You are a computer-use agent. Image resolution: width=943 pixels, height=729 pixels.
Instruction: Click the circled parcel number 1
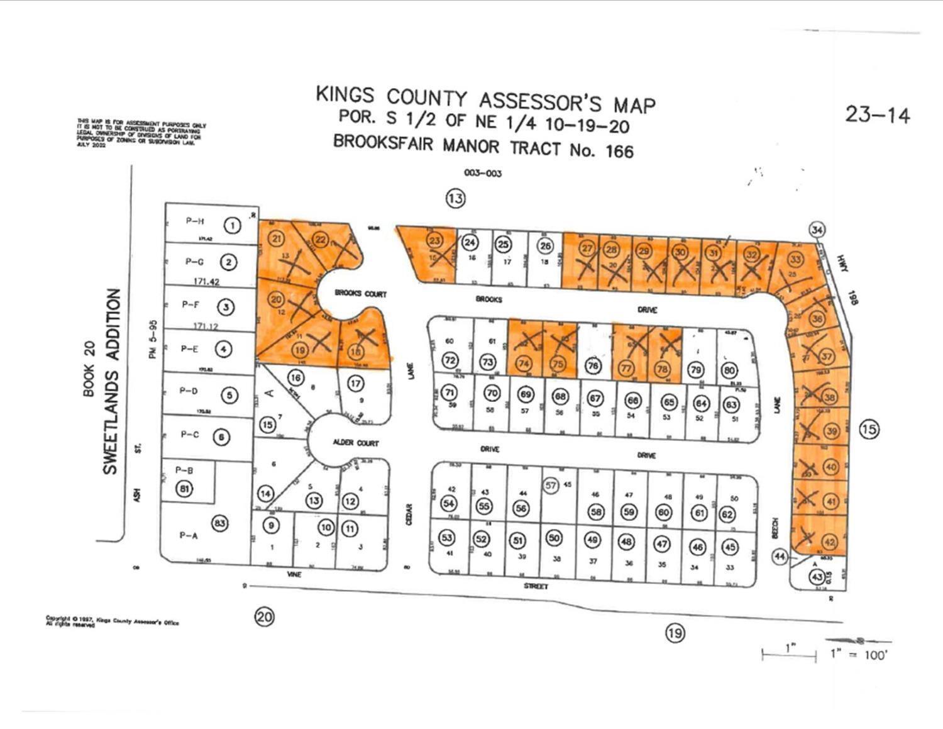pos(233,225)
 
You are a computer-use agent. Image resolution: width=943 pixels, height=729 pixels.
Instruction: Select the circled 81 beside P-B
pos(184,489)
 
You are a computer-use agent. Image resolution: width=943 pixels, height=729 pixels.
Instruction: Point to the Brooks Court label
pos(360,294)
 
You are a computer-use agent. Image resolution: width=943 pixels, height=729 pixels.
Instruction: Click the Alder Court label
pos(356,443)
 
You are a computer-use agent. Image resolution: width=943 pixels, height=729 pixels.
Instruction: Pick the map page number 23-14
pos(877,115)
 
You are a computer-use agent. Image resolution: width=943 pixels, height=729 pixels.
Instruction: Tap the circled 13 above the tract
pos(456,199)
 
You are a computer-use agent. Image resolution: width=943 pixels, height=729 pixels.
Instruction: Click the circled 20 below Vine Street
pos(265,616)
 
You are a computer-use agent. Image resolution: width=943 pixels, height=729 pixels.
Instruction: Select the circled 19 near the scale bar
pos(675,633)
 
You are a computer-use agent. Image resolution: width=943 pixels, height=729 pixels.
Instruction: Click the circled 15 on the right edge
pos(869,430)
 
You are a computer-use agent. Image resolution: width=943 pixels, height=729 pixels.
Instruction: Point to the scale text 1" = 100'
pos(858,654)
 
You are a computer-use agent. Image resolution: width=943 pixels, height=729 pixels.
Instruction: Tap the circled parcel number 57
pos(551,485)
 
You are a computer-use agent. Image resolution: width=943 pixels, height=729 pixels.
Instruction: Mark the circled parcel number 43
pos(817,577)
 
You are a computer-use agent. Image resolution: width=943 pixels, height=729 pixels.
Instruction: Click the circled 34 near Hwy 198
pos(817,229)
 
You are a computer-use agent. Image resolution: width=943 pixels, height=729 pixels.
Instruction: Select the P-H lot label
pos(195,221)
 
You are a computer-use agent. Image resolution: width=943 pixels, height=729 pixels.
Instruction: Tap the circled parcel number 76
pos(592,365)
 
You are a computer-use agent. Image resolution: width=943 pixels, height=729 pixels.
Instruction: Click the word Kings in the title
pos(345,94)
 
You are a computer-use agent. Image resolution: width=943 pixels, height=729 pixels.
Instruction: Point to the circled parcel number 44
pos(780,556)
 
